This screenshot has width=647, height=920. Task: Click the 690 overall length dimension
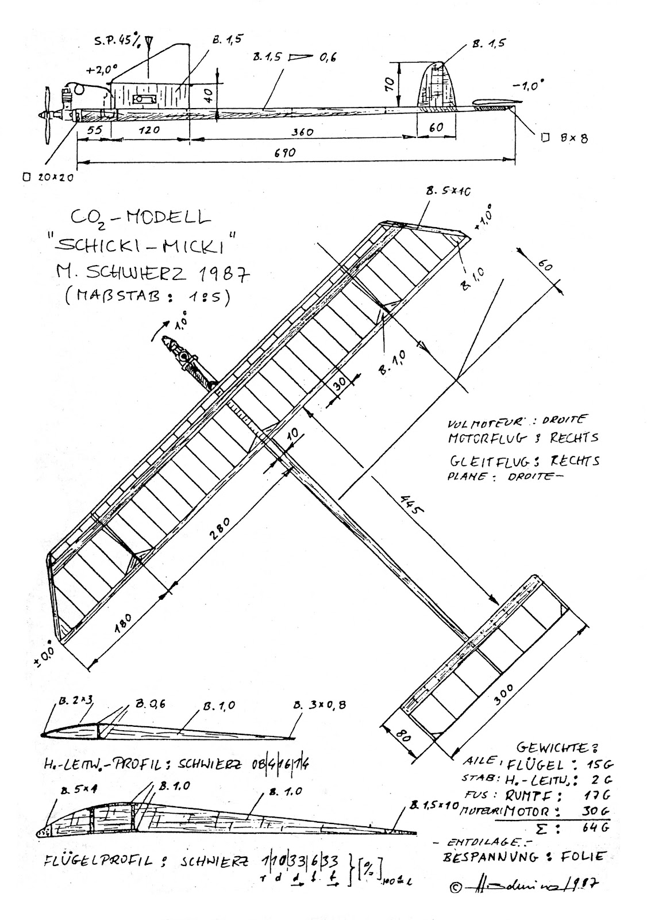pyautogui.click(x=284, y=153)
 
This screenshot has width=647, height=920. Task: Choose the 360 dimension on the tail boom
pyautogui.click(x=302, y=132)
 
